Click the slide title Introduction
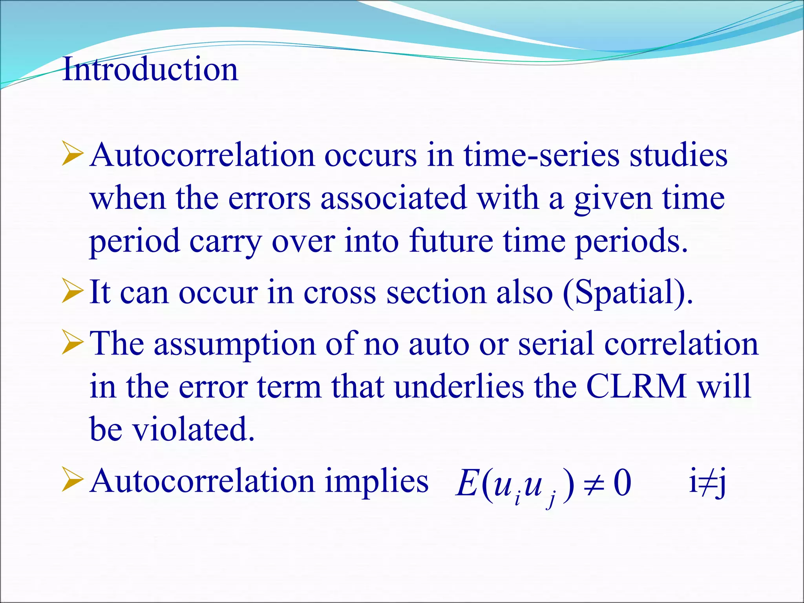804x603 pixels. (x=150, y=69)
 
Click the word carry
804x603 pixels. (x=225, y=241)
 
